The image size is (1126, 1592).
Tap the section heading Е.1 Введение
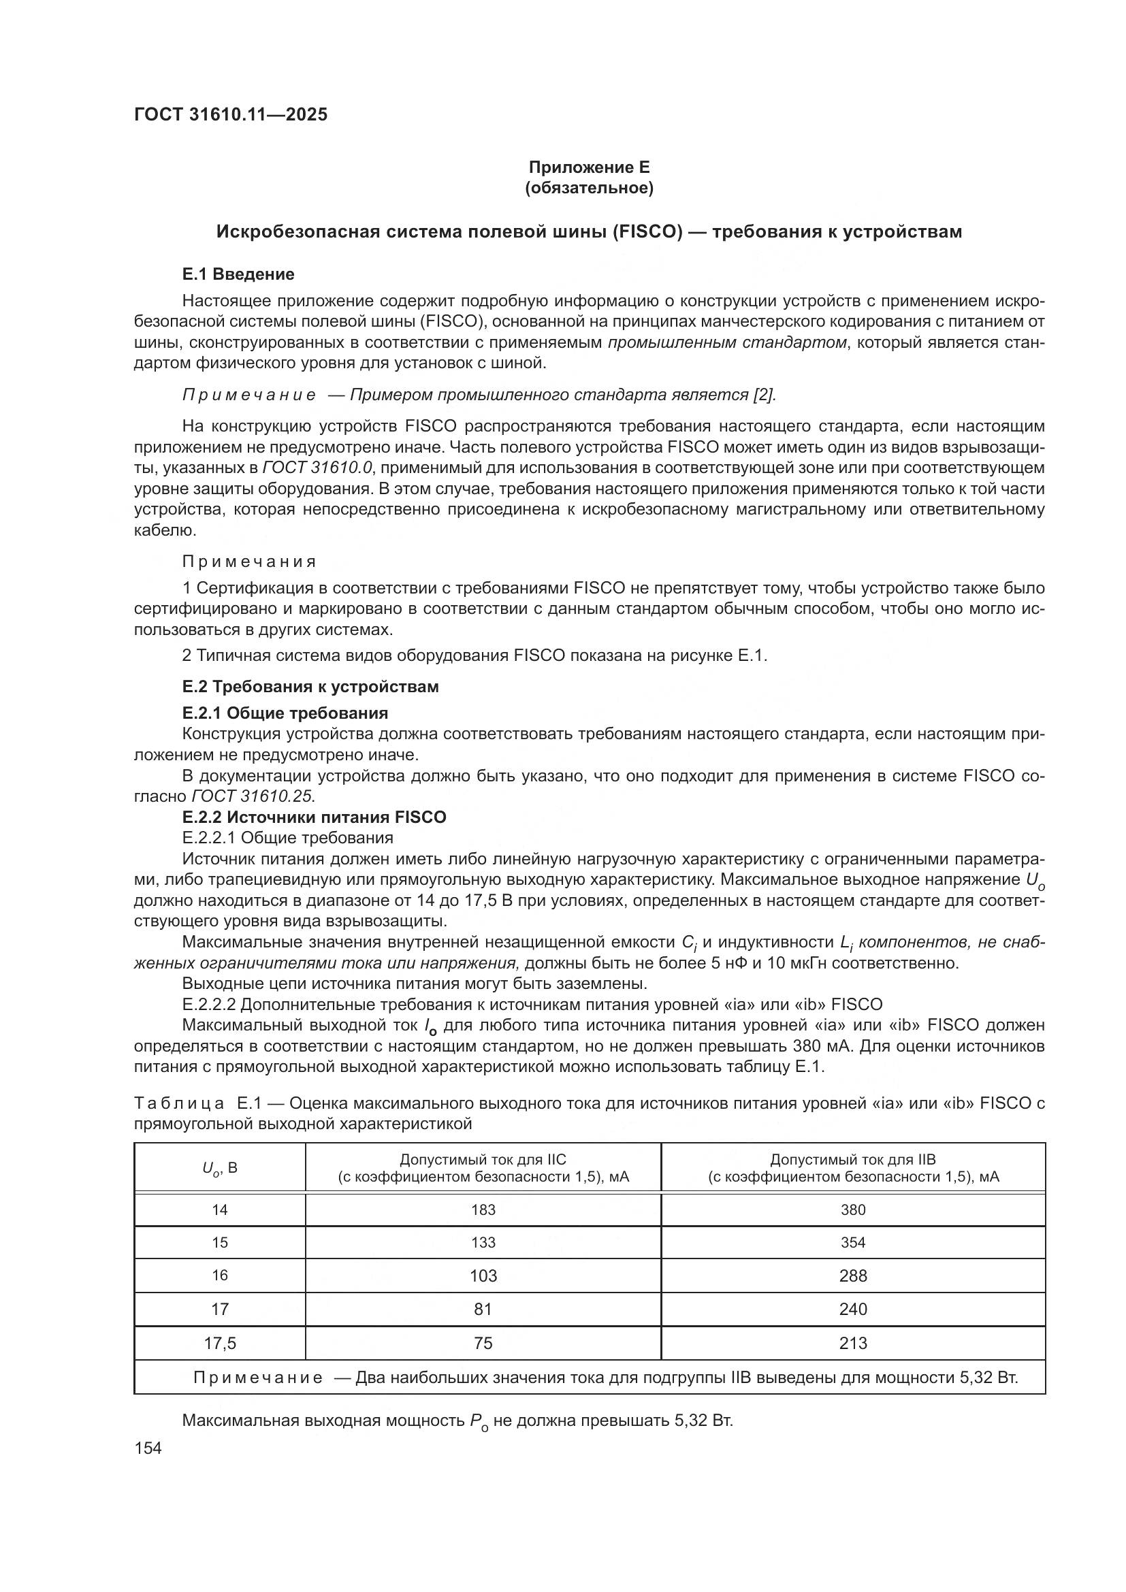coord(238,274)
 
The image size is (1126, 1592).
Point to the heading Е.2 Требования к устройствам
coord(310,687)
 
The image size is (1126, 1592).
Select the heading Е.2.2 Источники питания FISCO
coord(314,817)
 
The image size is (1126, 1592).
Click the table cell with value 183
coord(483,1210)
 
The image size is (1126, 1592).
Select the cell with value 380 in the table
coord(853,1210)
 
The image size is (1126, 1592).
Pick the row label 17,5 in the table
coord(220,1343)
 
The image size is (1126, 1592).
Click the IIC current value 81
coord(483,1309)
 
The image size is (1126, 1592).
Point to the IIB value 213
coord(853,1343)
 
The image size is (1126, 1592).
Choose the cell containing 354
coord(853,1243)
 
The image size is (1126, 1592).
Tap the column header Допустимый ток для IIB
coord(853,1159)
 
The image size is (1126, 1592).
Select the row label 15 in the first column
coord(220,1243)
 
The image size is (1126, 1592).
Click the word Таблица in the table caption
coord(179,1103)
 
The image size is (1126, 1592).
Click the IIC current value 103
coord(483,1276)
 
